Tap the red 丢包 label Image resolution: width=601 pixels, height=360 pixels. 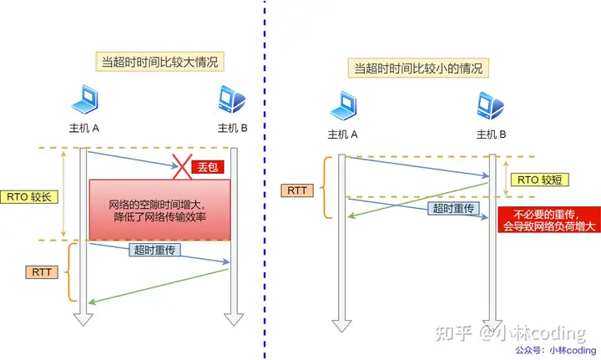click(207, 167)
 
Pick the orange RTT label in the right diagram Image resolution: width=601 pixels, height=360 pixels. click(297, 191)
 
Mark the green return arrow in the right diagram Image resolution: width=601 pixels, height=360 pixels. click(417, 198)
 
